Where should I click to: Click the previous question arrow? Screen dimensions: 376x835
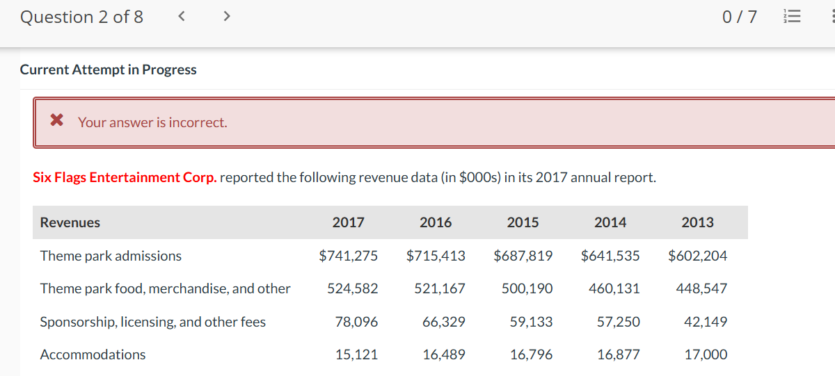(x=181, y=17)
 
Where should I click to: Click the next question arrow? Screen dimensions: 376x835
(x=225, y=17)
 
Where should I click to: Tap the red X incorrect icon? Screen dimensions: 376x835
(x=57, y=122)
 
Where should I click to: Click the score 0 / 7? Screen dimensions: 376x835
(x=740, y=17)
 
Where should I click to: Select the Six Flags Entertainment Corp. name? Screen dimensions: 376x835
(x=125, y=177)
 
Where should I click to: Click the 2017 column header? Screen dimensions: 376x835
(x=348, y=222)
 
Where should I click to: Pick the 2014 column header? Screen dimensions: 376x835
(x=610, y=222)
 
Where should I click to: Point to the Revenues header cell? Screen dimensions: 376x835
(x=70, y=222)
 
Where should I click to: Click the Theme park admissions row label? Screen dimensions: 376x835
(x=111, y=256)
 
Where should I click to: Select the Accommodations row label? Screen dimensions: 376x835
(x=93, y=354)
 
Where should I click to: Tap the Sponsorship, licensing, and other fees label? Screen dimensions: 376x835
(x=153, y=322)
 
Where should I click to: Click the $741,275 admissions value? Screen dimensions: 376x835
(x=349, y=256)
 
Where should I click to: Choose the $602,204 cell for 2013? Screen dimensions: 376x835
(x=698, y=256)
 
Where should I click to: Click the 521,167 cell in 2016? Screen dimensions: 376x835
(x=440, y=288)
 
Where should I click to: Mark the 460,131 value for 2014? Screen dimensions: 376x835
(x=614, y=288)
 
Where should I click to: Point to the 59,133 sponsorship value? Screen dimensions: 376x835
(x=531, y=322)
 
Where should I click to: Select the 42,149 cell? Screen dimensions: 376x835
(x=706, y=322)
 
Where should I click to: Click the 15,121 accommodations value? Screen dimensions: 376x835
(x=356, y=354)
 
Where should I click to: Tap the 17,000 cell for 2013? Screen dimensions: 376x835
(x=706, y=354)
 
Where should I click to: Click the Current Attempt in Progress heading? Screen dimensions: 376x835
(x=109, y=70)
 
